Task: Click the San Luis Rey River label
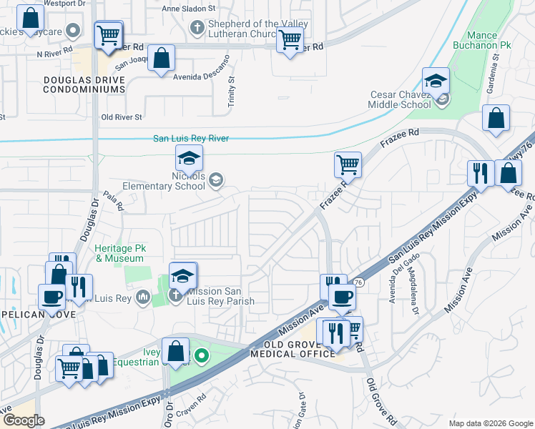click(x=191, y=139)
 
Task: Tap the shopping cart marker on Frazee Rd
click(x=347, y=164)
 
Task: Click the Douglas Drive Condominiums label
click(x=84, y=85)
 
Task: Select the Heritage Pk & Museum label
click(x=119, y=253)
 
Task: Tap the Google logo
click(x=23, y=420)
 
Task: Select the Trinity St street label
click(x=231, y=92)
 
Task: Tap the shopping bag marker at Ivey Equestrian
click(x=175, y=351)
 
